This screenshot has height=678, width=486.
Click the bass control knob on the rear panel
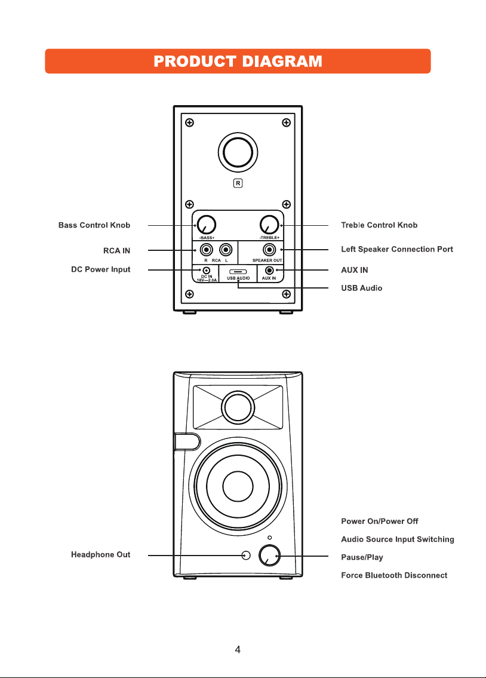pyautogui.click(x=207, y=225)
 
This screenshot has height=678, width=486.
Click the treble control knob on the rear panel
pyautogui.click(x=269, y=225)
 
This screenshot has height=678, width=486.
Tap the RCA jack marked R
pyautogui.click(x=207, y=250)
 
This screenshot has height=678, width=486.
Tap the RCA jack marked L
pyautogui.click(x=226, y=250)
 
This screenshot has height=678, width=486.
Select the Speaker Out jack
pyautogui.click(x=269, y=250)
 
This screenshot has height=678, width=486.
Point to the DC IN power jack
pyautogui.click(x=207, y=270)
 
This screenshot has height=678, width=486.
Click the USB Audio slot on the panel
pyautogui.click(x=238, y=272)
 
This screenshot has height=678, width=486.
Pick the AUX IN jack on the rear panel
pyautogui.click(x=269, y=271)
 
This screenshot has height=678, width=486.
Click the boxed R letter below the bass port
pyautogui.click(x=238, y=183)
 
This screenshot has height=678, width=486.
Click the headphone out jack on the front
pyautogui.click(x=246, y=555)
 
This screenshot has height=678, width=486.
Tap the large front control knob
pyautogui.click(x=269, y=556)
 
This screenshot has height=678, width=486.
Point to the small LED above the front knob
pyautogui.click(x=270, y=538)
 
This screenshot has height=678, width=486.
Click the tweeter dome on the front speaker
pyautogui.click(x=238, y=407)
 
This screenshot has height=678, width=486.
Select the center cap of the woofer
pyautogui.click(x=238, y=486)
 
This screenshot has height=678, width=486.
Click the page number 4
pyautogui.click(x=238, y=649)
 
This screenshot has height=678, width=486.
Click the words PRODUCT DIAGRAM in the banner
pyautogui.click(x=238, y=62)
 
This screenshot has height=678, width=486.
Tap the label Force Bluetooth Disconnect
pyautogui.click(x=394, y=575)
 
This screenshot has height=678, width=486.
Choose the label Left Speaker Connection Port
pyautogui.click(x=397, y=249)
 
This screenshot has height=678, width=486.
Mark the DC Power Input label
pyautogui.click(x=101, y=269)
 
